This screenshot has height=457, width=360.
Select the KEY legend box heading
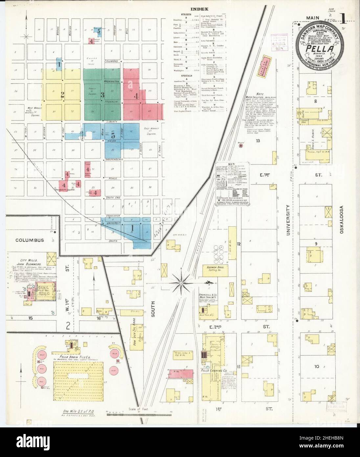(x=231, y=163)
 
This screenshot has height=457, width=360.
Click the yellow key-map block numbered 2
(x=62, y=95)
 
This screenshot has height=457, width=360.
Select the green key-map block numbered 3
(x=102, y=95)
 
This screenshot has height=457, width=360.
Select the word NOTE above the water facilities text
(x=258, y=94)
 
